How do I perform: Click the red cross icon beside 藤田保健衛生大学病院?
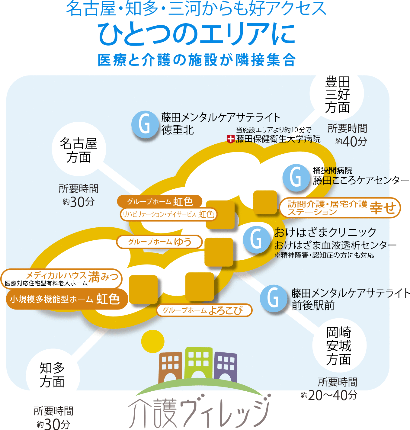click(230, 139)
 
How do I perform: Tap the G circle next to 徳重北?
click(145, 124)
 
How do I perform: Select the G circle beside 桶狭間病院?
click(296, 178)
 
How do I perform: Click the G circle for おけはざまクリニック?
click(256, 239)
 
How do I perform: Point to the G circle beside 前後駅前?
click(274, 298)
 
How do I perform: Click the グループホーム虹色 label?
click(159, 201)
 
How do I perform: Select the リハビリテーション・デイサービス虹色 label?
click(168, 214)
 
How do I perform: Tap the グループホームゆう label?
click(159, 242)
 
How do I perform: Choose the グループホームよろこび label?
click(204, 310)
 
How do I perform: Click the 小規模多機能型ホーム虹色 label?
click(66, 299)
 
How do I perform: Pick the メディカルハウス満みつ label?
click(61, 278)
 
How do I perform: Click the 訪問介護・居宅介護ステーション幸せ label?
click(340, 208)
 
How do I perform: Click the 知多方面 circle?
click(53, 375)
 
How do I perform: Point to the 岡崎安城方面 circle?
click(339, 346)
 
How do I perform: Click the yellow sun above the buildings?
click(153, 341)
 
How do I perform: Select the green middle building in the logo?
click(198, 362)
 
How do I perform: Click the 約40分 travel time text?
click(351, 141)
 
